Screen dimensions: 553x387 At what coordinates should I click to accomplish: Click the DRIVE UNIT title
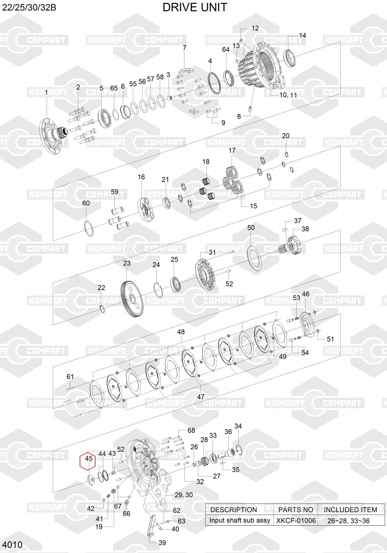(x=195, y=7)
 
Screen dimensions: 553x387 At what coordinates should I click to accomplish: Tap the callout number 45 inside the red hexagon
(x=88, y=458)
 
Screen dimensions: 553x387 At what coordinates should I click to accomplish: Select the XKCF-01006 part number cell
(x=296, y=520)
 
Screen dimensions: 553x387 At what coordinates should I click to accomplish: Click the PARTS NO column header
(x=296, y=510)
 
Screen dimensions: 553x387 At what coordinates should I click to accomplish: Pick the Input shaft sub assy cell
(x=239, y=520)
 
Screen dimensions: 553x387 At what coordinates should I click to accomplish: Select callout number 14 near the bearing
(x=302, y=35)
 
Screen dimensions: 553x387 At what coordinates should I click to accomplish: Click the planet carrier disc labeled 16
(x=145, y=209)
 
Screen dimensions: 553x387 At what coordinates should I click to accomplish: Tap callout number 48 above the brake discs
(x=181, y=332)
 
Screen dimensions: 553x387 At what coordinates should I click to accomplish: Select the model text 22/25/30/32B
(x=29, y=7)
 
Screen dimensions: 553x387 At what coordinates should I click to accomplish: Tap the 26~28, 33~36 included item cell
(x=348, y=521)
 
